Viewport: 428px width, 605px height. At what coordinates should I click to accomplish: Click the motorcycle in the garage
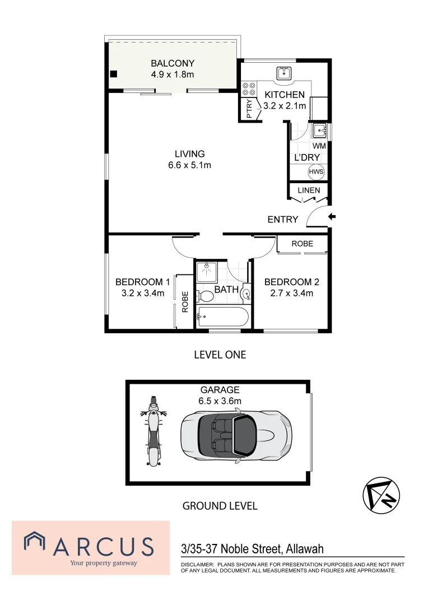pos(153,431)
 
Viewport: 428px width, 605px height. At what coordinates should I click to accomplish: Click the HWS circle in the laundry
pos(317,172)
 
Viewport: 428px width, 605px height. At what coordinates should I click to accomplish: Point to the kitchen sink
pos(284,72)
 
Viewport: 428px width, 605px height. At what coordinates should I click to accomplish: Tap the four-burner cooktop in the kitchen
pos(248,90)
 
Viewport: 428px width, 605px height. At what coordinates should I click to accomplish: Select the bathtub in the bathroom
pos(223,317)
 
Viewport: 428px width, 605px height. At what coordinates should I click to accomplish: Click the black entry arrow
pos(332,217)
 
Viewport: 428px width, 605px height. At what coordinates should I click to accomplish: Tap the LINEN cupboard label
pos(309,190)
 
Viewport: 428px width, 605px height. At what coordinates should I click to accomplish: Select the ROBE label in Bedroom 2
pos(302,244)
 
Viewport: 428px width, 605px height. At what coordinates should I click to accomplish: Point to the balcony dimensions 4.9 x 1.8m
pos(172,75)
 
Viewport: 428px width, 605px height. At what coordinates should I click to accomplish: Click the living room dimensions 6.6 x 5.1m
pos(189,165)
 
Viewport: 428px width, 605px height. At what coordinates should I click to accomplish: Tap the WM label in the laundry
pos(319,146)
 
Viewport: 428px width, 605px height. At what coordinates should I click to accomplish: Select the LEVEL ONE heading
pos(220,355)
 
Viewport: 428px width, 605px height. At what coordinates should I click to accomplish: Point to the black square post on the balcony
pos(114,74)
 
